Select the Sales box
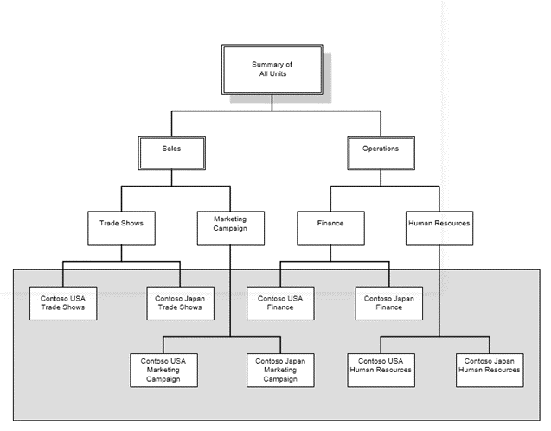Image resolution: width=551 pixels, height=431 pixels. point(171,149)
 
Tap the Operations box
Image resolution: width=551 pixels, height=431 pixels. point(380,149)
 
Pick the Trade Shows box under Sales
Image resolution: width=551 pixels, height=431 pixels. point(121,223)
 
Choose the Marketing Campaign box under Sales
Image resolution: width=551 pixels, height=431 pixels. point(230,224)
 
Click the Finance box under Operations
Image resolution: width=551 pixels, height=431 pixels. point(330,223)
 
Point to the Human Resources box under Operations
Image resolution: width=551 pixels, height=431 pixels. point(439,223)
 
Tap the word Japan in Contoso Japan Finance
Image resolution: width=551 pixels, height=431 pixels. point(400,298)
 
